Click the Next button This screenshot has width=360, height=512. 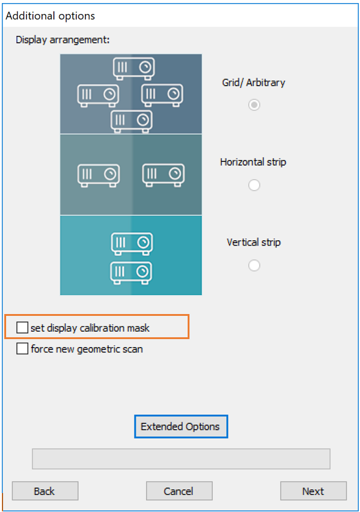(x=313, y=491)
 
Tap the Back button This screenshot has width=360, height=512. (x=45, y=491)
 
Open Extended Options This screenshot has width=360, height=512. (x=181, y=426)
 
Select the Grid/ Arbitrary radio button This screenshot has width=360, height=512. (x=254, y=105)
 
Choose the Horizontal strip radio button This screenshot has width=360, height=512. (x=254, y=185)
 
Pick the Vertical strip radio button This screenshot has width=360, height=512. (x=254, y=265)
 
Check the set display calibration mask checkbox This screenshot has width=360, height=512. (x=22, y=327)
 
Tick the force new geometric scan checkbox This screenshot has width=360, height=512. (x=22, y=348)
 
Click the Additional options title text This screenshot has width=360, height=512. (x=50, y=16)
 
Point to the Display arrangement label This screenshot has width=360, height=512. (x=63, y=40)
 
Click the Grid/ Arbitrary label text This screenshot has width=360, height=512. (x=254, y=82)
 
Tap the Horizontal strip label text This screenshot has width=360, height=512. (x=253, y=162)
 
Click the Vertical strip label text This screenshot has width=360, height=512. (x=254, y=243)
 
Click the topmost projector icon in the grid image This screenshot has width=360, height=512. (x=134, y=68)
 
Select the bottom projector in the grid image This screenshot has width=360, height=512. (x=131, y=121)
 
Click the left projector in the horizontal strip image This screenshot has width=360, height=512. (x=98, y=175)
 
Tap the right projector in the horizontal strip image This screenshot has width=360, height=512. (x=163, y=175)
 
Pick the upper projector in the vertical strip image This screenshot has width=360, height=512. (x=131, y=244)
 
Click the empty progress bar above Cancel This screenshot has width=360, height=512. (x=181, y=459)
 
